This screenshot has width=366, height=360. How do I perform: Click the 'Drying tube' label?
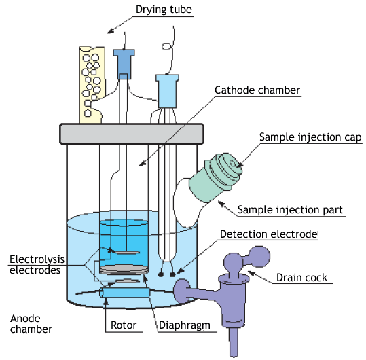click(x=164, y=10)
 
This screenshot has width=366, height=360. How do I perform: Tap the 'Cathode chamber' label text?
click(x=257, y=90)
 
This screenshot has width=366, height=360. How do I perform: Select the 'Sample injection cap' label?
click(x=310, y=137)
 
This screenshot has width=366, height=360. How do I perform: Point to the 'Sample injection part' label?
click(x=290, y=210)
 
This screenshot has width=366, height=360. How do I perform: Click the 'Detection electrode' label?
click(x=269, y=234)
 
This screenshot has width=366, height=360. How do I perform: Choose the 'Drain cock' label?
click(x=301, y=278)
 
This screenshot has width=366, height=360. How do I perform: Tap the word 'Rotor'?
click(x=124, y=325)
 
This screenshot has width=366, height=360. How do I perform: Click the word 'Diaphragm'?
click(x=185, y=325)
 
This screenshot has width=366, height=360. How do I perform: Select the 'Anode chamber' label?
click(x=31, y=324)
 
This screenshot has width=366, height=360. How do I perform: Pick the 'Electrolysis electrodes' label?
click(x=37, y=265)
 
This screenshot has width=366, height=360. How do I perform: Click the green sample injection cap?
click(x=215, y=177)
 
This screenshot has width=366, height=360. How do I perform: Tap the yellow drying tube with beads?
click(x=92, y=84)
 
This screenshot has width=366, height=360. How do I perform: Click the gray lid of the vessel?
click(x=132, y=134)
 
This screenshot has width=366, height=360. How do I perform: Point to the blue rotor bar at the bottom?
click(x=125, y=293)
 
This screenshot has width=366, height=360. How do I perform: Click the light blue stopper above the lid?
click(x=167, y=91)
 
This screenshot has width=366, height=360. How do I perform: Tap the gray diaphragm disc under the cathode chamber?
click(x=124, y=270)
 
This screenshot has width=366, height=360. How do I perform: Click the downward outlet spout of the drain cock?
click(x=234, y=342)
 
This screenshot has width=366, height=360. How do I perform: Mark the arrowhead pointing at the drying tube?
click(x=110, y=31)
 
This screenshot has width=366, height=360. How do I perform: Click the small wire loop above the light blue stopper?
click(x=167, y=46)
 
